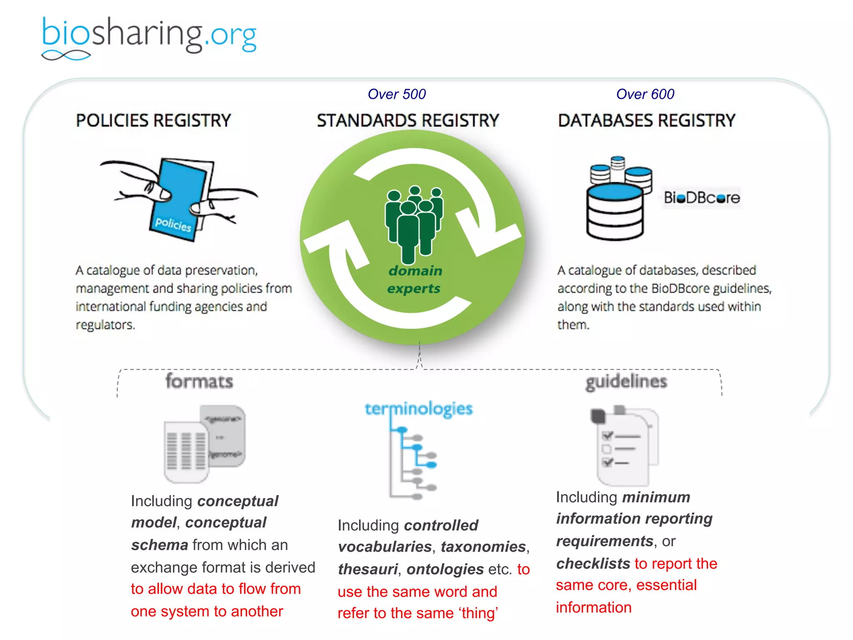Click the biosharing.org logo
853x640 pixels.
point(149,37)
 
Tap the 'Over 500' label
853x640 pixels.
point(397,94)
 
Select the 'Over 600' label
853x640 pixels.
point(645,94)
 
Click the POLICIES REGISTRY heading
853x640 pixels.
point(153,120)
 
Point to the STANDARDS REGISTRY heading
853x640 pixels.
point(408,120)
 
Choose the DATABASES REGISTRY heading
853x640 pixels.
point(647,120)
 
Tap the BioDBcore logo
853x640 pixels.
point(702,197)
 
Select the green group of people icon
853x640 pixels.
point(414,223)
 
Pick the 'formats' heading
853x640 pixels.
point(199,381)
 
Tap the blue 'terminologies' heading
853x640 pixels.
point(419,409)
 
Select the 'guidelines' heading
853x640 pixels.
point(626,382)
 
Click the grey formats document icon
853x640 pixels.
point(204,443)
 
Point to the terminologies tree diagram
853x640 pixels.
point(412,462)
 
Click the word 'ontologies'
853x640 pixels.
point(445,569)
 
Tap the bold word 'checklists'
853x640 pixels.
point(593,563)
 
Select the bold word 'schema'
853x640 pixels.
point(160,545)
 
